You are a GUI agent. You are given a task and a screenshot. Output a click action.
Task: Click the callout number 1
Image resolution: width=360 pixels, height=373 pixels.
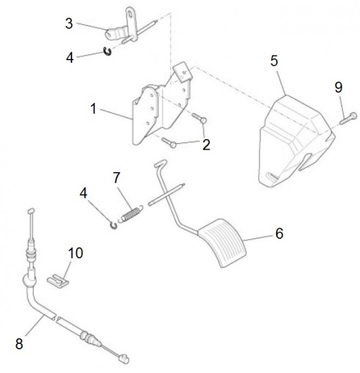tap(93, 109)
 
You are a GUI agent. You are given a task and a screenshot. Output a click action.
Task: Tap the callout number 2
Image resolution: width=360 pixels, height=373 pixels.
tap(206, 145)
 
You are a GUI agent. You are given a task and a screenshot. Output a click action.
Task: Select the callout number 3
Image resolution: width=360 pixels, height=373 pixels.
tap(69, 24)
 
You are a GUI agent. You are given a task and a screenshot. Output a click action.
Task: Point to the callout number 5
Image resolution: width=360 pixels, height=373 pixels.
tap(274, 61)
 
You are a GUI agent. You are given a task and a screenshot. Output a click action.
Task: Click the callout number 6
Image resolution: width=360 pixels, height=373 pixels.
tap(279, 233)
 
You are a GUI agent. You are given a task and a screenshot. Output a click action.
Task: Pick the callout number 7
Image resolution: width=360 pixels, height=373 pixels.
tap(116, 178)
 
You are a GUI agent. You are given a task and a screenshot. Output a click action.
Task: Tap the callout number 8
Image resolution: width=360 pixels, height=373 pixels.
tap(19, 344)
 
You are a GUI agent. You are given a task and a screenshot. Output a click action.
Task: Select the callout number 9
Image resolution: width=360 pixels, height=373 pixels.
tap(338, 87)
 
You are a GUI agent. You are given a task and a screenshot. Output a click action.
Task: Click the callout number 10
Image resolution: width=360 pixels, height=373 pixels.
tap(75, 253)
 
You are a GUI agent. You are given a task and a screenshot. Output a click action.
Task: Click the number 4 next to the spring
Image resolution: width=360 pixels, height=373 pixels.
tap(83, 193)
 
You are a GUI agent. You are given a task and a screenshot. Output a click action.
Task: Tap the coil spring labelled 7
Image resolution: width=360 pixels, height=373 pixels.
tap(131, 214)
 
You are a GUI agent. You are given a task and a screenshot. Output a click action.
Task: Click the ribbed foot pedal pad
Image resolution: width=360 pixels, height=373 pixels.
tap(222, 243)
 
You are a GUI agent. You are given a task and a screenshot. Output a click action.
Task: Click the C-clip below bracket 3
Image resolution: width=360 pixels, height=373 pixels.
tap(108, 52)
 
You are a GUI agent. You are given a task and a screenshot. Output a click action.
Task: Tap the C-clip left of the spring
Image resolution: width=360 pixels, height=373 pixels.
tap(114, 226)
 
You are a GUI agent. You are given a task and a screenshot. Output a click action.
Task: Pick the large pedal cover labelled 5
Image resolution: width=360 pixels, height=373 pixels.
tap(296, 141)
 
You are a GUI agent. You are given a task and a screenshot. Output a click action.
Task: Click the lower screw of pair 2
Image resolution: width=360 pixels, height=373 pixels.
tap(169, 142)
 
